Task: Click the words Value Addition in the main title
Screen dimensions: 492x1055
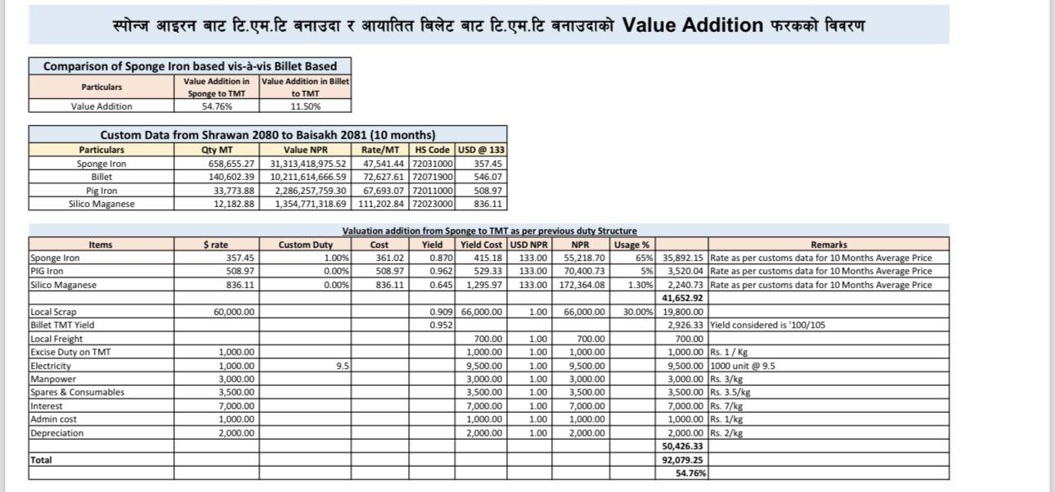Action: (x=692, y=25)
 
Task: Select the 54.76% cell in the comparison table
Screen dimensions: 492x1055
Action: (x=213, y=106)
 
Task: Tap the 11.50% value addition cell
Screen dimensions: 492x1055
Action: (x=305, y=106)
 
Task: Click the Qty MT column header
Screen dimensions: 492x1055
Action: (x=216, y=150)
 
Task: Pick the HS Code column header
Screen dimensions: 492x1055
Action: (x=433, y=150)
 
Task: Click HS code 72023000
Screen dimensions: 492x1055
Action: (x=433, y=204)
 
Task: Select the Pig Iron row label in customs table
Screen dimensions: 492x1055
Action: (x=101, y=190)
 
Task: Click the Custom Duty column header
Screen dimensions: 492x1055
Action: (x=305, y=245)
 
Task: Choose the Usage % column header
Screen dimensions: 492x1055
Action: (x=631, y=245)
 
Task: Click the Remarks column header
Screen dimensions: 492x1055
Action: (x=828, y=245)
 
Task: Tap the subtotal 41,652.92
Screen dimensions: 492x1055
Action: (x=682, y=298)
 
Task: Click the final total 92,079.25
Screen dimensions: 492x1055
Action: (x=682, y=460)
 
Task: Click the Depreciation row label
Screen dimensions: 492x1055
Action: (x=57, y=433)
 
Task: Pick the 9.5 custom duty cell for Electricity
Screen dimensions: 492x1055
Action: (x=343, y=366)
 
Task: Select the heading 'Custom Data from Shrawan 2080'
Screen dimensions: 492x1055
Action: (x=267, y=134)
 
